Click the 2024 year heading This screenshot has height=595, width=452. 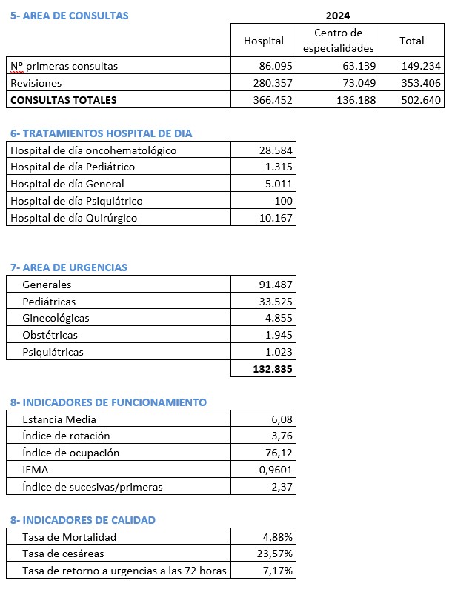click(338, 15)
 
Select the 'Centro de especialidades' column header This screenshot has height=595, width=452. click(338, 41)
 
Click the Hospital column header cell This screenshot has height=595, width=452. click(264, 41)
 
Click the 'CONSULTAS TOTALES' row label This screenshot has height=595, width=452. click(64, 99)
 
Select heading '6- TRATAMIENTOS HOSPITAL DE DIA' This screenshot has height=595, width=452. click(102, 133)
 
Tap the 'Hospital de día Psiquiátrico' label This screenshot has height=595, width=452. click(77, 201)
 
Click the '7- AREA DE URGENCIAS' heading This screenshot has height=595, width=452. click(69, 267)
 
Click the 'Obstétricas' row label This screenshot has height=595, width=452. click(50, 335)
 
